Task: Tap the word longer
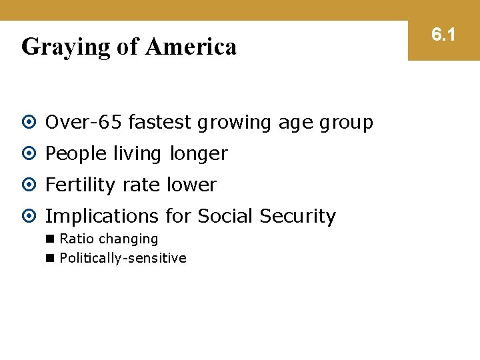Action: pyautogui.click(x=198, y=155)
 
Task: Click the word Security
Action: pyautogui.click(x=298, y=217)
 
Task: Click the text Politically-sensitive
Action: pyautogui.click(x=123, y=258)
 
